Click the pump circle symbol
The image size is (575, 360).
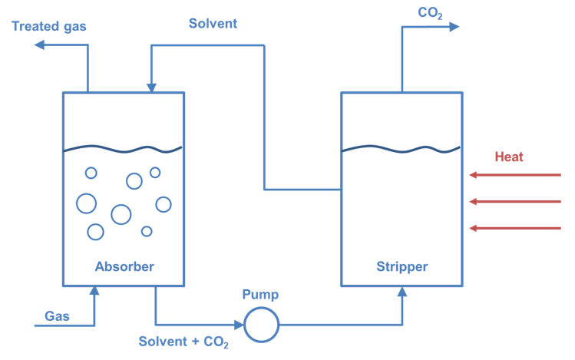pos(261,323)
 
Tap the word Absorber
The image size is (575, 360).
pos(124,267)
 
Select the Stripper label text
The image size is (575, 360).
pos(402,267)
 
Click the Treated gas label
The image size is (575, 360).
pos(49,27)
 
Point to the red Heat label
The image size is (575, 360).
pos(508,157)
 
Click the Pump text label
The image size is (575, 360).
pos(260,295)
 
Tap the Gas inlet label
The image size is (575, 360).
pos(57,315)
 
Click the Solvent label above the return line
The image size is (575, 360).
pos(213,24)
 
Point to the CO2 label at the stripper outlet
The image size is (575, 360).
pos(429,12)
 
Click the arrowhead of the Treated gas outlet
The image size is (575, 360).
pos(40,45)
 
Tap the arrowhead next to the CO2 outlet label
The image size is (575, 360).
pos(454,27)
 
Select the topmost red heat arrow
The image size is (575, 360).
pos(515,176)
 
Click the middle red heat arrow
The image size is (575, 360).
pos(515,202)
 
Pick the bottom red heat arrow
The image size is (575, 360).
pos(515,228)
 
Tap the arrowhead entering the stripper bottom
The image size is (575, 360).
pos(402,292)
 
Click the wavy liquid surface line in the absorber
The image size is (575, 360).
pos(123,148)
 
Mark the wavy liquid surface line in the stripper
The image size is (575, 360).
pos(402,148)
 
